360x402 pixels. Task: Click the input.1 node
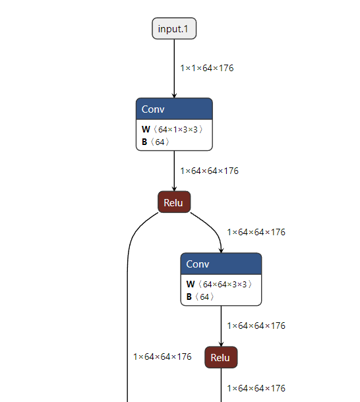click(174, 28)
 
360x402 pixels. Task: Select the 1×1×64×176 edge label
click(207, 68)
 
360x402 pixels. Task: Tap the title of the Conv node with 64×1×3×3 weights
click(153, 109)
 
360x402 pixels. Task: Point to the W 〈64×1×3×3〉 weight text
click(172, 129)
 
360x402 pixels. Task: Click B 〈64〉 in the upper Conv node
click(156, 142)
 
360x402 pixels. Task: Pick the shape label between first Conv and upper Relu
click(210, 171)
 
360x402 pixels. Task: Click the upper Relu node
click(174, 202)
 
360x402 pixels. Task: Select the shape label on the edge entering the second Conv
click(256, 232)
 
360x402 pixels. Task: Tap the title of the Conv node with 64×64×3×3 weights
click(198, 264)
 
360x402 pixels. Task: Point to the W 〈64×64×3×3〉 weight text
click(219, 284)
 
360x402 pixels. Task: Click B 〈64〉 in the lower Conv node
click(200, 297)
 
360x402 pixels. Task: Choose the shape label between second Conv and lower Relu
click(256, 326)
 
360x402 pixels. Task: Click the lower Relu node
click(221, 357)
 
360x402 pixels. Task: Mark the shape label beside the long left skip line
click(162, 357)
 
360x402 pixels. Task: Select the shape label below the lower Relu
click(256, 388)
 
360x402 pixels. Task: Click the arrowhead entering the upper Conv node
click(174, 96)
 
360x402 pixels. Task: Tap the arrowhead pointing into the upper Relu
click(174, 189)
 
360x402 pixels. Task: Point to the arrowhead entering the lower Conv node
click(221, 250)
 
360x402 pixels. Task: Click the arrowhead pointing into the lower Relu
click(221, 344)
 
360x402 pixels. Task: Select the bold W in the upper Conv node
click(146, 129)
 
